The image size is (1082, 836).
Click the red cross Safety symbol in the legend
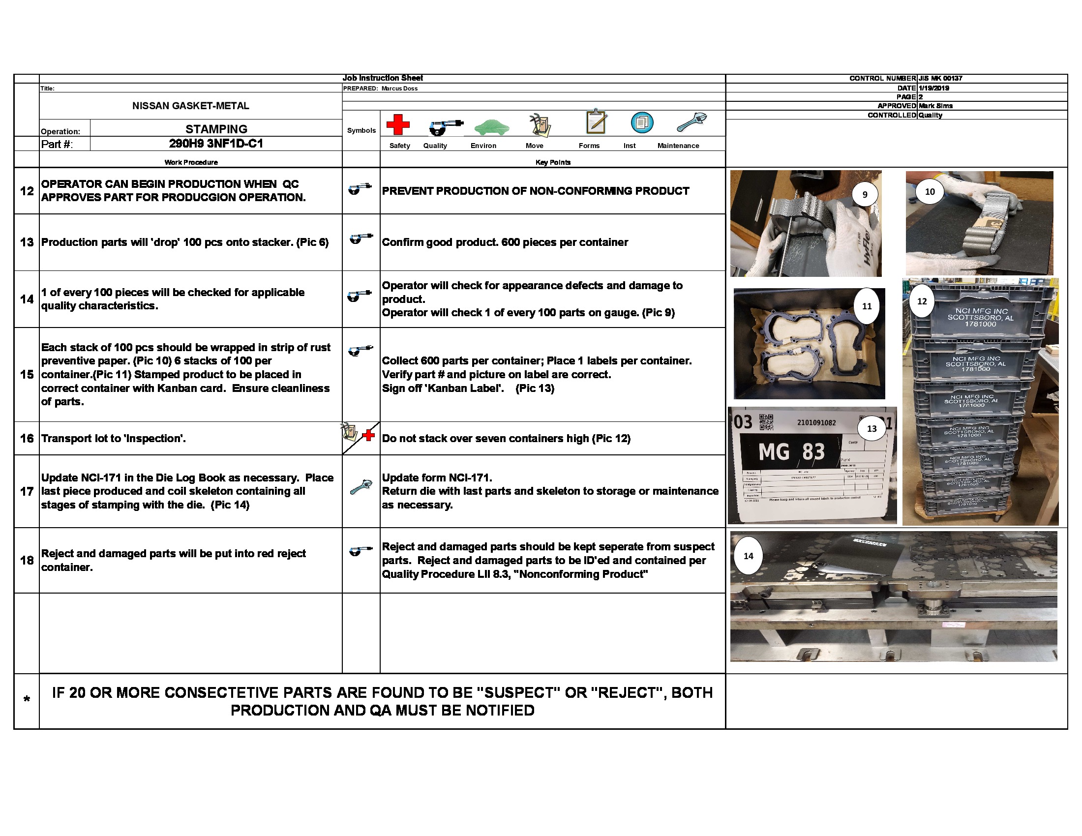pos(398,124)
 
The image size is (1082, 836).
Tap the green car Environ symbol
pos(491,127)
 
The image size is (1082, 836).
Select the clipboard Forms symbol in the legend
pos(596,122)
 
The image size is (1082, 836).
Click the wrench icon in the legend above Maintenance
pos(691,122)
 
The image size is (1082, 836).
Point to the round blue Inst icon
pos(641,122)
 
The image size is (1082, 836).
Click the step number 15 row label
pos(27,374)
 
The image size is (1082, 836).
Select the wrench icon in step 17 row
pos(361,487)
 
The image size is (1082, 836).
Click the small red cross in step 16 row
pos(368,435)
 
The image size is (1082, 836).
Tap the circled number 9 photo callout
pos(865,195)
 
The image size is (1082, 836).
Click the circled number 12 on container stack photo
pos(922,301)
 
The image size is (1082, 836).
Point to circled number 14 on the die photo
pos(748,556)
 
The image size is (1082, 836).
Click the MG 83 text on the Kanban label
pos(791,451)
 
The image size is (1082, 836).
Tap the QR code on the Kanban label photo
pos(766,422)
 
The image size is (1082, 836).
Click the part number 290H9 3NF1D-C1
pos(216,144)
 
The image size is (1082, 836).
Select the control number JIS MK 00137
pos(940,78)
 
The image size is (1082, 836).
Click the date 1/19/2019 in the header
pos(933,88)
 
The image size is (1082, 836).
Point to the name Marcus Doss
pos(399,89)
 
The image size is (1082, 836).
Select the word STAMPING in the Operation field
pos(216,129)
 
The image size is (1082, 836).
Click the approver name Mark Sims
pos(935,106)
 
